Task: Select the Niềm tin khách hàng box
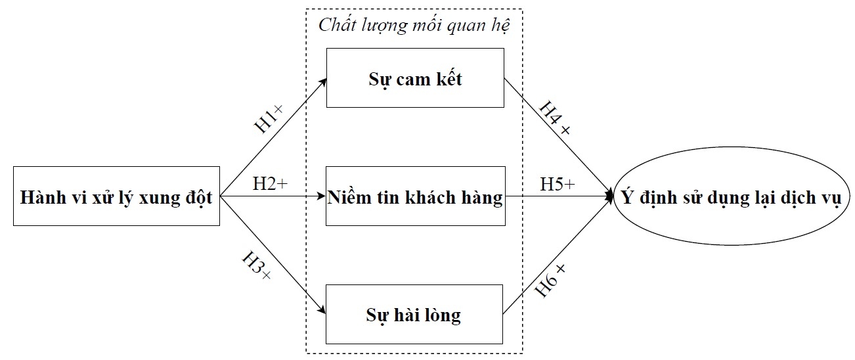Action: click(415, 196)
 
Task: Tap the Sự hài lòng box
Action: click(415, 315)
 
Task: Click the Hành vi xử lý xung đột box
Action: click(116, 196)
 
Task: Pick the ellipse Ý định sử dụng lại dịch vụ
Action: click(730, 196)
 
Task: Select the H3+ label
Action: click(256, 268)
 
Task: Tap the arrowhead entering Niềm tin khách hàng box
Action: click(322, 196)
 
